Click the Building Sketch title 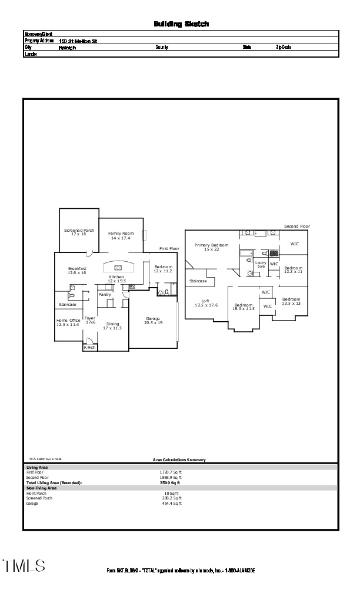181,24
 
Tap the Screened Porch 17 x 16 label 79,232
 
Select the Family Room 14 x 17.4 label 121,235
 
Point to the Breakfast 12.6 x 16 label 77,271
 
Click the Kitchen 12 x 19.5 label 116,279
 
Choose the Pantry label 105,294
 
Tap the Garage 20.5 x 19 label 153,321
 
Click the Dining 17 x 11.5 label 112,326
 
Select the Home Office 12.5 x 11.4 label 68,322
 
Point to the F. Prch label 89,347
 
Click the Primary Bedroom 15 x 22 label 211,247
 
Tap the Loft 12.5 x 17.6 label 206,303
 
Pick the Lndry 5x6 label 260,265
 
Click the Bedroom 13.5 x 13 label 291,301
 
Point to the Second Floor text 296,226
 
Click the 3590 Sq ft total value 170,482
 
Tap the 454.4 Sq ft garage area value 172,503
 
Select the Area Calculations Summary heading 179,460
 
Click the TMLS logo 24,566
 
